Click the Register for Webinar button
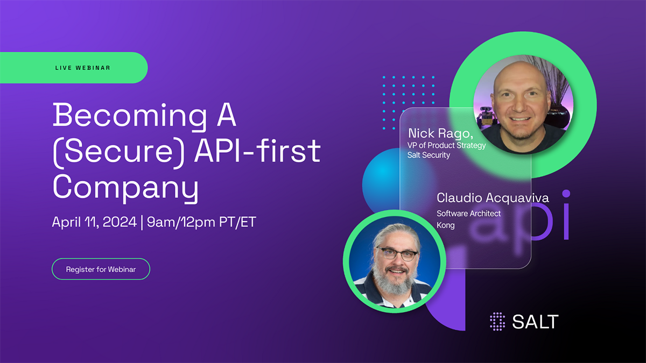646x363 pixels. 101,269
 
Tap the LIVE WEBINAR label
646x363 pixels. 83,68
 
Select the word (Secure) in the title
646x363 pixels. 118,151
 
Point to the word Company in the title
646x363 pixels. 126,187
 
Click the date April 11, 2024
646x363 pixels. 94,222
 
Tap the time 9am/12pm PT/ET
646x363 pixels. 201,222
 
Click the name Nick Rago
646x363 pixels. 440,134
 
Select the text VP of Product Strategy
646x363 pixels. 446,146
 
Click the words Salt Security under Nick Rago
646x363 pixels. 429,155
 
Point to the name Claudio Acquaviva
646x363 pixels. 493,198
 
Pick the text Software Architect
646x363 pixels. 469,213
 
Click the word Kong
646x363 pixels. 446,225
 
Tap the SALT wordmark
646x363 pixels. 535,322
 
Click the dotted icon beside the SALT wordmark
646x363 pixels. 497,322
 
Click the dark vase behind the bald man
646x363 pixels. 559,116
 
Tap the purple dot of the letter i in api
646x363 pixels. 566,194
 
